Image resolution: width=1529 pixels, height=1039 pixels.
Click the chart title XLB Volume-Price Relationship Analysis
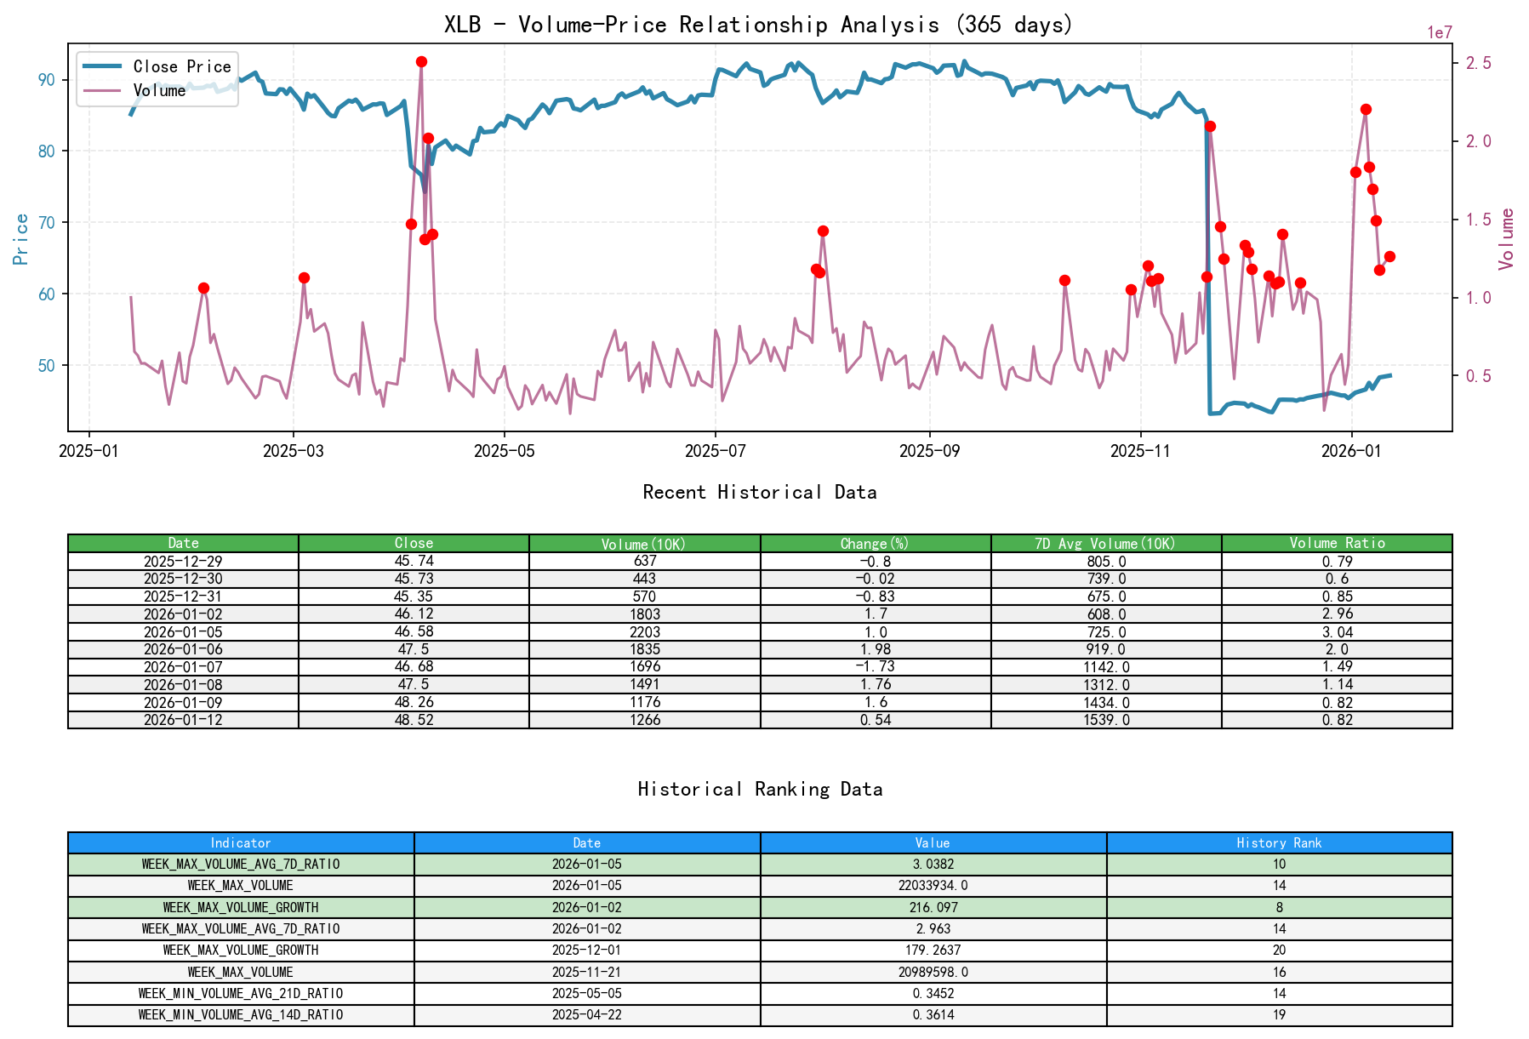click(x=758, y=24)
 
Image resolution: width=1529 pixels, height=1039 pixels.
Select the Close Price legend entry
click(x=181, y=66)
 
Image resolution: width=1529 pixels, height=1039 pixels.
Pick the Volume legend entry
click(x=159, y=90)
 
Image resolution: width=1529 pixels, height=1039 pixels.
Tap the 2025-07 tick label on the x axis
click(x=716, y=451)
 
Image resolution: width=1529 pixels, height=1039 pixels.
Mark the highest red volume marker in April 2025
click(x=421, y=62)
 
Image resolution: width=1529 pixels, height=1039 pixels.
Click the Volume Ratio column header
click(x=1337, y=543)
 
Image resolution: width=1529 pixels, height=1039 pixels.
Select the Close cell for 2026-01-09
click(x=414, y=702)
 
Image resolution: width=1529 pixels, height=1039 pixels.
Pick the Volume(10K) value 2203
click(x=644, y=631)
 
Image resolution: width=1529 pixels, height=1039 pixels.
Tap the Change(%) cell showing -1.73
click(x=876, y=666)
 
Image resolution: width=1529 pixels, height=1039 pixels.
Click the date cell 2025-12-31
click(x=183, y=597)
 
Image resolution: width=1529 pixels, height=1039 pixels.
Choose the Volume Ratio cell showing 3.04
click(x=1337, y=631)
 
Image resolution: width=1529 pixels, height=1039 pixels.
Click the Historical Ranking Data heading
click(x=760, y=789)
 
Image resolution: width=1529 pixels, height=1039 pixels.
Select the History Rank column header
click(x=1279, y=842)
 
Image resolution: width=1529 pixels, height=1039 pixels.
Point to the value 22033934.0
click(x=933, y=886)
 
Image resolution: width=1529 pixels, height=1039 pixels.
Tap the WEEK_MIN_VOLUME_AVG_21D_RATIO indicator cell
click(x=241, y=993)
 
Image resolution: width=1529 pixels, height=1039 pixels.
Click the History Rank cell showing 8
click(x=1279, y=907)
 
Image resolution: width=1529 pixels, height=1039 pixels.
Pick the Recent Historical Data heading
click(x=760, y=492)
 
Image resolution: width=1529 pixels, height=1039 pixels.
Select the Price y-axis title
click(x=21, y=239)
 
